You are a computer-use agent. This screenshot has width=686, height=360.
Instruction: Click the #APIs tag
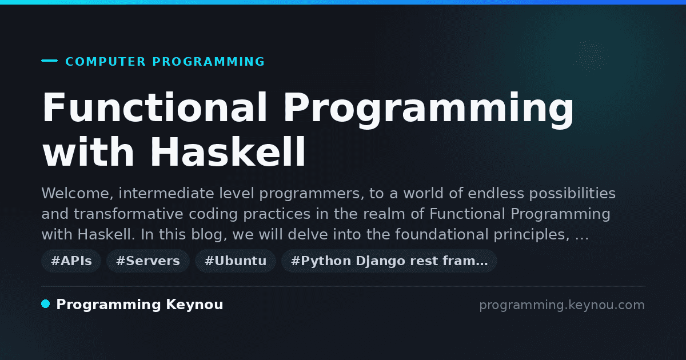pos(71,261)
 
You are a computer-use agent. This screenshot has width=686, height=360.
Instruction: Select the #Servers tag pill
pos(148,261)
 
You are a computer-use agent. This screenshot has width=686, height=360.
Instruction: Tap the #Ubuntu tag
pos(236,261)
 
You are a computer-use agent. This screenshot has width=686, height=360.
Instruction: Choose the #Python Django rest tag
pos(389,261)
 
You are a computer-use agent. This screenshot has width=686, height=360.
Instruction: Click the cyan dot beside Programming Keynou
pos(45,304)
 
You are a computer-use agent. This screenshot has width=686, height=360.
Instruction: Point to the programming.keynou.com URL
pos(562,305)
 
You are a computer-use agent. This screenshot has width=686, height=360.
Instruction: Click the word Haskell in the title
pos(228,152)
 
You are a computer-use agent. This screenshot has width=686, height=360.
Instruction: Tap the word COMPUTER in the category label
pos(106,62)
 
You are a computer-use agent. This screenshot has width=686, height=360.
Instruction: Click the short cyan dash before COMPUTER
pos(49,61)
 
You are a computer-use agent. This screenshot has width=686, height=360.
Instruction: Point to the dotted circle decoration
pos(591,57)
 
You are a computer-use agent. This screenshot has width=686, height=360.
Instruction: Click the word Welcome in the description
pos(78,194)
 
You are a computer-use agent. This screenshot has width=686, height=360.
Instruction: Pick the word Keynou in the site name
pos(194,305)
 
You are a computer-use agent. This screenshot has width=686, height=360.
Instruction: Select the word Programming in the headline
pos(428,110)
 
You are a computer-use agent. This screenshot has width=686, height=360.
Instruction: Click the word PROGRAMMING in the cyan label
pos(209,62)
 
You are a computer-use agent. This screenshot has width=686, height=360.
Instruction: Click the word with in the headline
pos(88,152)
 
